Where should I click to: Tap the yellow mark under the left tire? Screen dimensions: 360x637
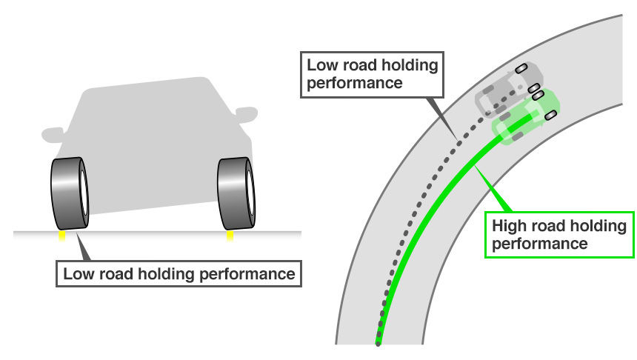point(61,236)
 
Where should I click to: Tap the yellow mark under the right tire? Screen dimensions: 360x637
point(230,236)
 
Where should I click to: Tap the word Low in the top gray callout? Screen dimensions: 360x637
point(321,64)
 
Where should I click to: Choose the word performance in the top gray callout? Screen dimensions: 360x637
point(355,81)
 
